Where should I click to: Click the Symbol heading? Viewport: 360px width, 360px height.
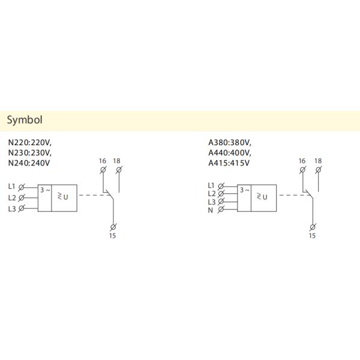[x=25, y=120]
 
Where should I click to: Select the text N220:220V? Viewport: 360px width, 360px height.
[x=30, y=143]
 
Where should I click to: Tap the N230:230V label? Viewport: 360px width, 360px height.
[x=30, y=152]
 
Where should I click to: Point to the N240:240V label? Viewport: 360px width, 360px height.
[x=30, y=162]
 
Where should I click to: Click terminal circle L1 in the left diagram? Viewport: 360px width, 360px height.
[x=23, y=187]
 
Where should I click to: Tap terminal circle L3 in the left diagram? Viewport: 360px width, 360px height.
[x=23, y=208]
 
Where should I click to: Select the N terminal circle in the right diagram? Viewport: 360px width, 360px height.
[x=221, y=209]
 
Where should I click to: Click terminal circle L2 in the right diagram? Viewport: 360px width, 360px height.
[x=221, y=193]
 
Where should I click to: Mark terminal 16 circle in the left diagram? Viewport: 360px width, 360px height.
[x=103, y=170]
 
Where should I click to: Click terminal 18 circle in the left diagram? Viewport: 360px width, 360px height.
[x=118, y=170]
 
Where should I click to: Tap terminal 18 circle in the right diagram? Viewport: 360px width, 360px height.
[x=318, y=170]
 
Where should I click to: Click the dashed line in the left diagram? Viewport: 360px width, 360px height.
[x=91, y=195]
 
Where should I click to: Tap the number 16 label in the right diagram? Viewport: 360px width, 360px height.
[x=302, y=161]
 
